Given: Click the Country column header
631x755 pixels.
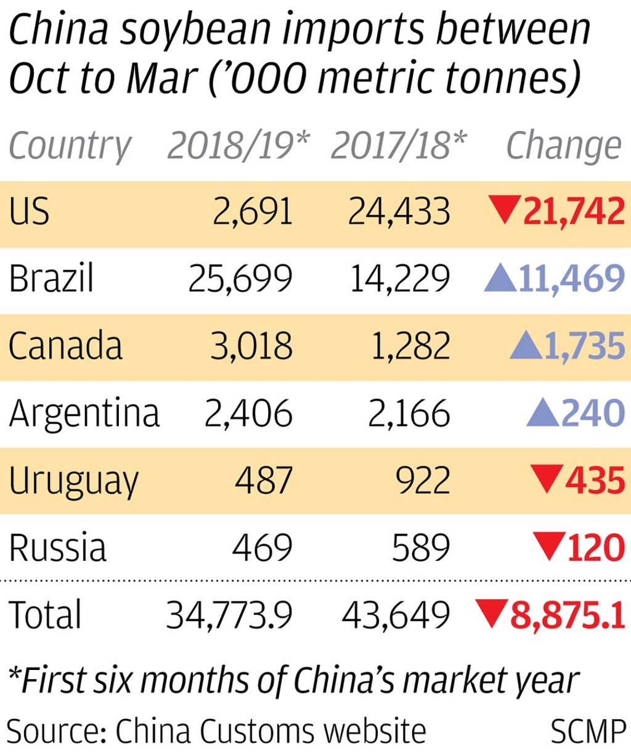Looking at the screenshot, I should coord(70,147).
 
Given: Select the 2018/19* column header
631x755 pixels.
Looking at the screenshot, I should coord(238,145).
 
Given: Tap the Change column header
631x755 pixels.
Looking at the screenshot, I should coord(563,147).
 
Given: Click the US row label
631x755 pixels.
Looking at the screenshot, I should coord(29,211).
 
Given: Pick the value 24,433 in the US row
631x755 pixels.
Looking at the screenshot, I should coord(399,211).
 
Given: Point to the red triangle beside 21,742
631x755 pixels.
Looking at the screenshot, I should coord(504,208).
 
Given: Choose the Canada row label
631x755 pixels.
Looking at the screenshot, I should coord(65,345).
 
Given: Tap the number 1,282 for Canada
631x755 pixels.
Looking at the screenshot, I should coord(410,346).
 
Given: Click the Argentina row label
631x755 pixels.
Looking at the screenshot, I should coord(84,413).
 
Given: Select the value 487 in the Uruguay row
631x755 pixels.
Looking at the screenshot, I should coord(264,480).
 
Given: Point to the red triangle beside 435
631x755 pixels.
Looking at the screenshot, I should coord(547,478).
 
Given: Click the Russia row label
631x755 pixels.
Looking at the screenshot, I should coord(57,547).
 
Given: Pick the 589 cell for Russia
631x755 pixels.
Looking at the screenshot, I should coord(421,547).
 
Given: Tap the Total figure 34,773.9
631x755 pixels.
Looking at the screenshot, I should coord(229,614).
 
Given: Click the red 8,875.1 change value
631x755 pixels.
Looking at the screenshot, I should coord(568,614).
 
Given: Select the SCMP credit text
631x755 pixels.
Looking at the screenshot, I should coord(588,732).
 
